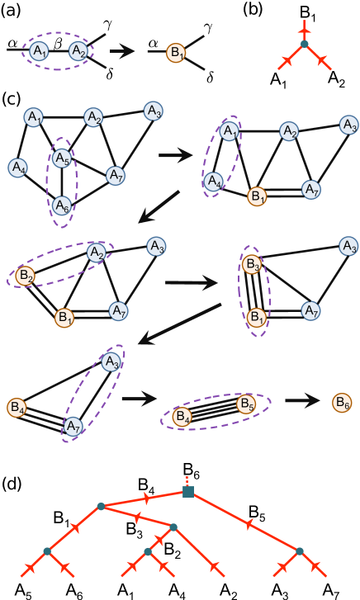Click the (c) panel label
click(x=12, y=99)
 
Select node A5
click(x=63, y=157)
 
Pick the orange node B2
click(x=26, y=276)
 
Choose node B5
click(x=246, y=404)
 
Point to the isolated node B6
click(x=342, y=403)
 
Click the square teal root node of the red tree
click(x=188, y=492)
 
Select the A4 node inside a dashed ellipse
click(x=214, y=180)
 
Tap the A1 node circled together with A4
click(x=230, y=130)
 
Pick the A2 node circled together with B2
click(x=96, y=252)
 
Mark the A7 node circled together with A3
click(x=73, y=426)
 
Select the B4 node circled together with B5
click(x=183, y=417)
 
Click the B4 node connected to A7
click(x=16, y=407)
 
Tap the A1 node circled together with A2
click(x=38, y=51)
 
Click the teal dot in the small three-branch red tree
click(x=304, y=44)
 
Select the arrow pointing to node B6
click(x=304, y=403)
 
